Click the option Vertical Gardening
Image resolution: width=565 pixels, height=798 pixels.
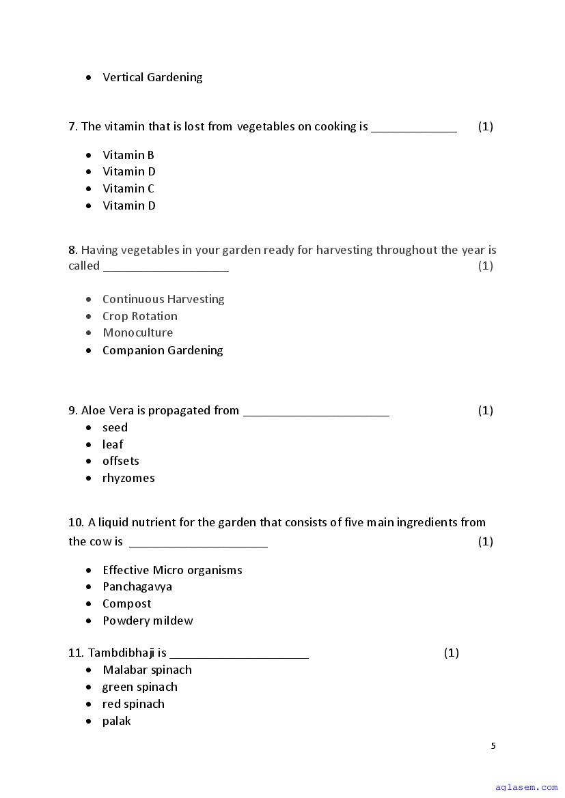click(152, 78)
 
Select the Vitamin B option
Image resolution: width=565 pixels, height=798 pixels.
click(128, 156)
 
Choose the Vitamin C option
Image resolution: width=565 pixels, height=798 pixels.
click(128, 189)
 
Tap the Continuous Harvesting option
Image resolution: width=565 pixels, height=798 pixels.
click(163, 300)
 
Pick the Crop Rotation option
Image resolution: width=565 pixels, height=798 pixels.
click(140, 317)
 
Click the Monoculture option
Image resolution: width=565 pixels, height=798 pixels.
click(137, 333)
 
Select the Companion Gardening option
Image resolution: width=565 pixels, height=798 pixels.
click(163, 351)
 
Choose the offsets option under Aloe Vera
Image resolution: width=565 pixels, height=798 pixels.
click(121, 461)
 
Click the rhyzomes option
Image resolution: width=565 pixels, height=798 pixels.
click(128, 479)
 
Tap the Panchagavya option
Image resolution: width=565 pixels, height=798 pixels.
click(137, 587)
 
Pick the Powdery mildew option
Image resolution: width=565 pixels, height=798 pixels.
click(148, 621)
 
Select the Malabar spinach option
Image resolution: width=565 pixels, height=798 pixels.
click(147, 670)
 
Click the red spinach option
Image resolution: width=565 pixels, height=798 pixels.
click(133, 704)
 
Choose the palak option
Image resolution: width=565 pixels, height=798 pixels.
click(116, 722)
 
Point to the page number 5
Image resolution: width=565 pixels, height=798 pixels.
click(493, 746)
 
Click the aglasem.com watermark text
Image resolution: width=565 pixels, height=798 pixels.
click(526, 788)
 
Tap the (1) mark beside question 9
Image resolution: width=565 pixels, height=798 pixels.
click(485, 411)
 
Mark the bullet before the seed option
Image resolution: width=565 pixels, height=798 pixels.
click(89, 428)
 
